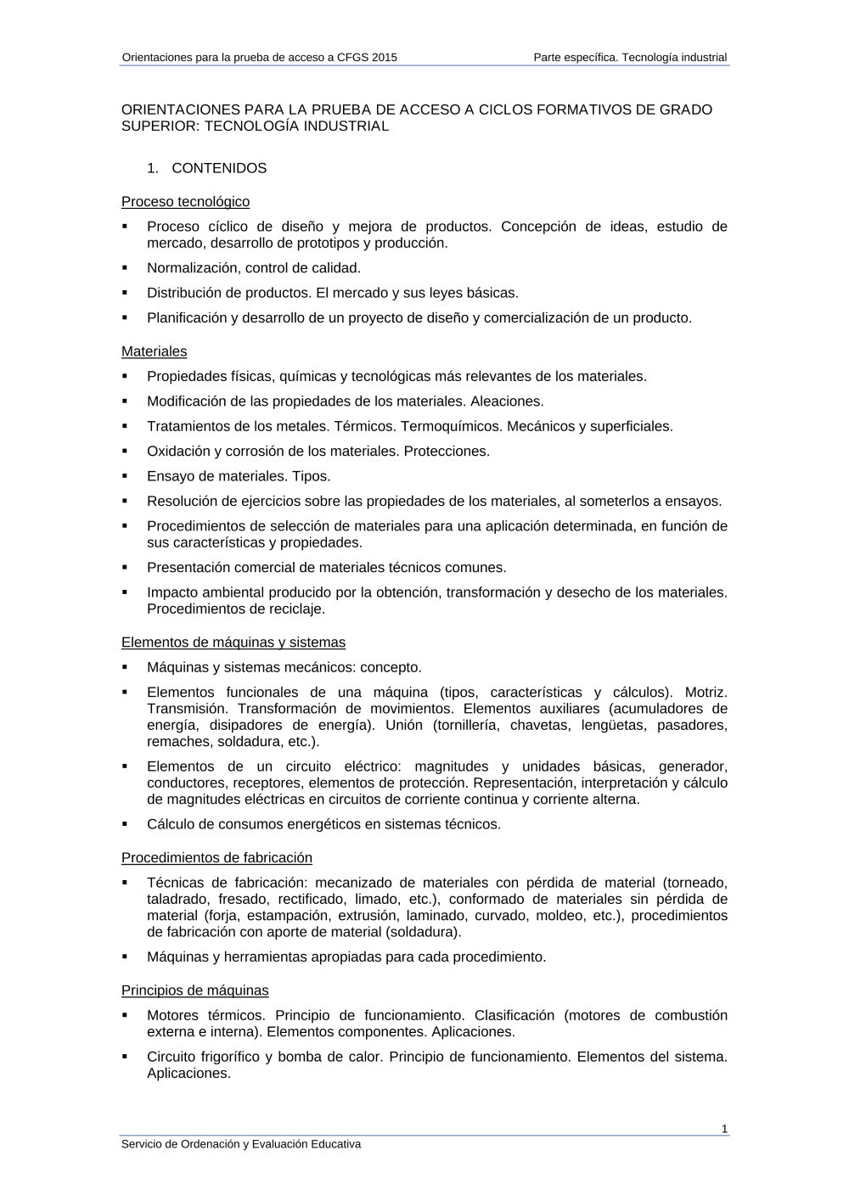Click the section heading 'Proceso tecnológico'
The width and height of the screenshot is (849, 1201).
[185, 202]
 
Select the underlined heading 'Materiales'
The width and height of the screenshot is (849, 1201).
[154, 351]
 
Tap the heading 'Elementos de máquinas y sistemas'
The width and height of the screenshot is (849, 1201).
[233, 643]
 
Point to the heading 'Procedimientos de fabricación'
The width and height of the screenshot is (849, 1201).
[216, 858]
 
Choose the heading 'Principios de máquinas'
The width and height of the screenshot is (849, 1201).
[194, 991]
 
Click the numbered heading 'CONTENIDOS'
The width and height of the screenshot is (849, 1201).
[219, 168]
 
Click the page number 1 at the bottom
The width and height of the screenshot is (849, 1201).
[724, 1129]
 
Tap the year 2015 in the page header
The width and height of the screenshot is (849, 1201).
[384, 58]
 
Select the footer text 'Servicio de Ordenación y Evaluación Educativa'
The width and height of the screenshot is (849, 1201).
[241, 1144]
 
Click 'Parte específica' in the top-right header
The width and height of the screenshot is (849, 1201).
[575, 58]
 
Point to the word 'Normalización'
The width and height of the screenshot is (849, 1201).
[192, 268]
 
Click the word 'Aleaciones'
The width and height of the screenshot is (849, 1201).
[507, 401]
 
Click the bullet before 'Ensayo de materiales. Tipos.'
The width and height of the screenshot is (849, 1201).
[125, 476]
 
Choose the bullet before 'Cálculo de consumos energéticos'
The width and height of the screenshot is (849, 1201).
[125, 824]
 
